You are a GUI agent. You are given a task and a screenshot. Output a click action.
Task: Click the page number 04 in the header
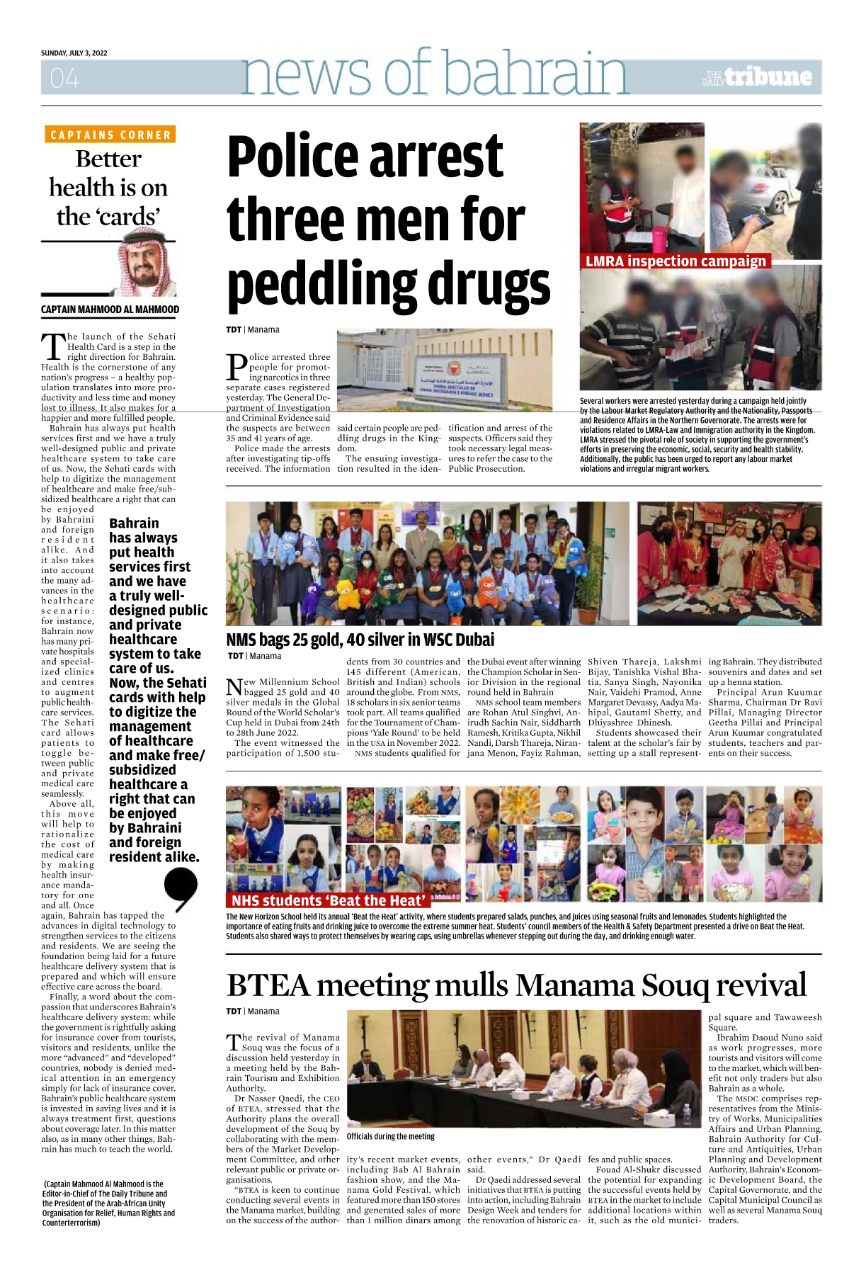pyautogui.click(x=64, y=78)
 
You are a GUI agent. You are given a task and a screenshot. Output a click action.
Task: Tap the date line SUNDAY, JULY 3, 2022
pyautogui.click(x=74, y=53)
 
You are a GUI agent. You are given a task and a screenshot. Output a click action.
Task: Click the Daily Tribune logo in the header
pyautogui.click(x=758, y=77)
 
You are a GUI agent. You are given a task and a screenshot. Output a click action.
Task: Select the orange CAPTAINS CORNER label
pyautogui.click(x=110, y=135)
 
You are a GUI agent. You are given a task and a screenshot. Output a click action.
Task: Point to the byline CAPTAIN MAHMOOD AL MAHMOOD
pyautogui.click(x=110, y=310)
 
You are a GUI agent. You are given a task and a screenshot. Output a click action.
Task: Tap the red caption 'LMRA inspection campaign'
pyautogui.click(x=676, y=261)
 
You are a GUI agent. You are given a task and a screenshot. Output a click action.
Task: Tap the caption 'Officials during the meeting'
pyautogui.click(x=390, y=1136)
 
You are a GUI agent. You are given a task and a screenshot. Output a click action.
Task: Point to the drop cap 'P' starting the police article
pyautogui.click(x=237, y=367)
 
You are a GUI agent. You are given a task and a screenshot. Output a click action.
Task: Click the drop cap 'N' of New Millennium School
pyautogui.click(x=234, y=687)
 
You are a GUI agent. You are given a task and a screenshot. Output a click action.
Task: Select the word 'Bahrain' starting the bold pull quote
pyautogui.click(x=134, y=523)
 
